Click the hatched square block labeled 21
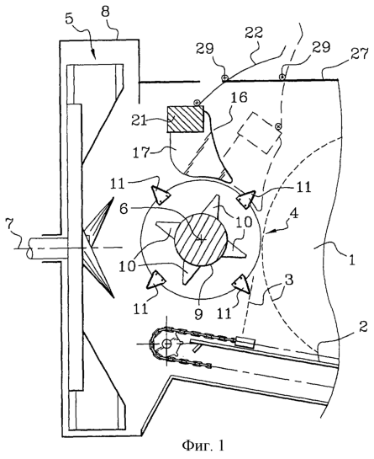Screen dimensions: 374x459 [x=185, y=119]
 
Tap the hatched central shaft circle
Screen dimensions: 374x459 [x=201, y=239]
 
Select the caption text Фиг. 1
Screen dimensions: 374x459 [x=203, y=446]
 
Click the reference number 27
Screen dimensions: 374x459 [x=358, y=55]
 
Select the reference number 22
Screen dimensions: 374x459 [x=254, y=33]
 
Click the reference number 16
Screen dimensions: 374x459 [x=238, y=98]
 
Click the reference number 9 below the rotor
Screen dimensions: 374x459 [x=198, y=314]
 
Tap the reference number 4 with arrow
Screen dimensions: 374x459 [x=294, y=214]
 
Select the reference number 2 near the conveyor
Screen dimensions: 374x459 [x=362, y=328]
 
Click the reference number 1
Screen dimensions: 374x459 [x=352, y=259]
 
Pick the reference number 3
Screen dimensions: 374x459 [x=288, y=280]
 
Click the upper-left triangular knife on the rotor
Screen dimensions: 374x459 [x=160, y=195]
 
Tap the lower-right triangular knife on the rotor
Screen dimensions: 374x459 [x=242, y=283]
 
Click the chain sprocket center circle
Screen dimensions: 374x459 [x=167, y=344]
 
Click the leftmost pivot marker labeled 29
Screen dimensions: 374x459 [x=224, y=77]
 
